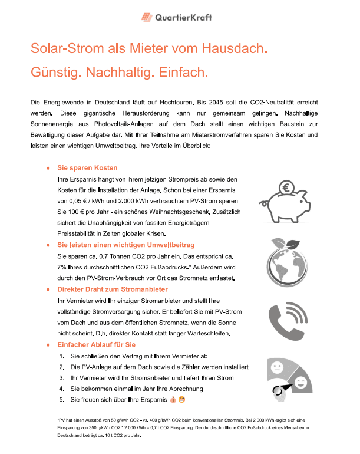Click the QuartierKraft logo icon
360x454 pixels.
point(146,18)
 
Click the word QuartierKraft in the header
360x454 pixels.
point(183,18)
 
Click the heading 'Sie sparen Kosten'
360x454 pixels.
point(87,168)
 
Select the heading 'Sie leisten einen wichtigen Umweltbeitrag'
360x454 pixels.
point(125,244)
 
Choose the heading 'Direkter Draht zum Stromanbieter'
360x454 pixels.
point(112,289)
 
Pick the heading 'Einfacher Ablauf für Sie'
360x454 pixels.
point(96,344)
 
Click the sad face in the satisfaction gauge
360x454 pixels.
point(276,368)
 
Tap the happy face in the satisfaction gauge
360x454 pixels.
point(300,384)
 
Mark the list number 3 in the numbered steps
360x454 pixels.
point(61,378)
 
